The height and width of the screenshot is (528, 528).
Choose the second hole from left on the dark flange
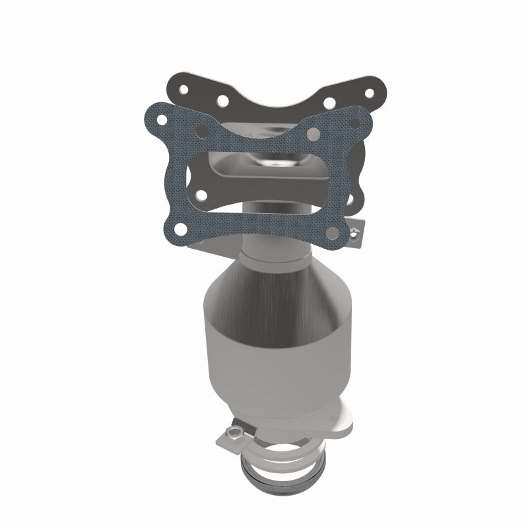pos(222,100)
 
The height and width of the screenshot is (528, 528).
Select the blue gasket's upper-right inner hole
pos(314,135)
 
